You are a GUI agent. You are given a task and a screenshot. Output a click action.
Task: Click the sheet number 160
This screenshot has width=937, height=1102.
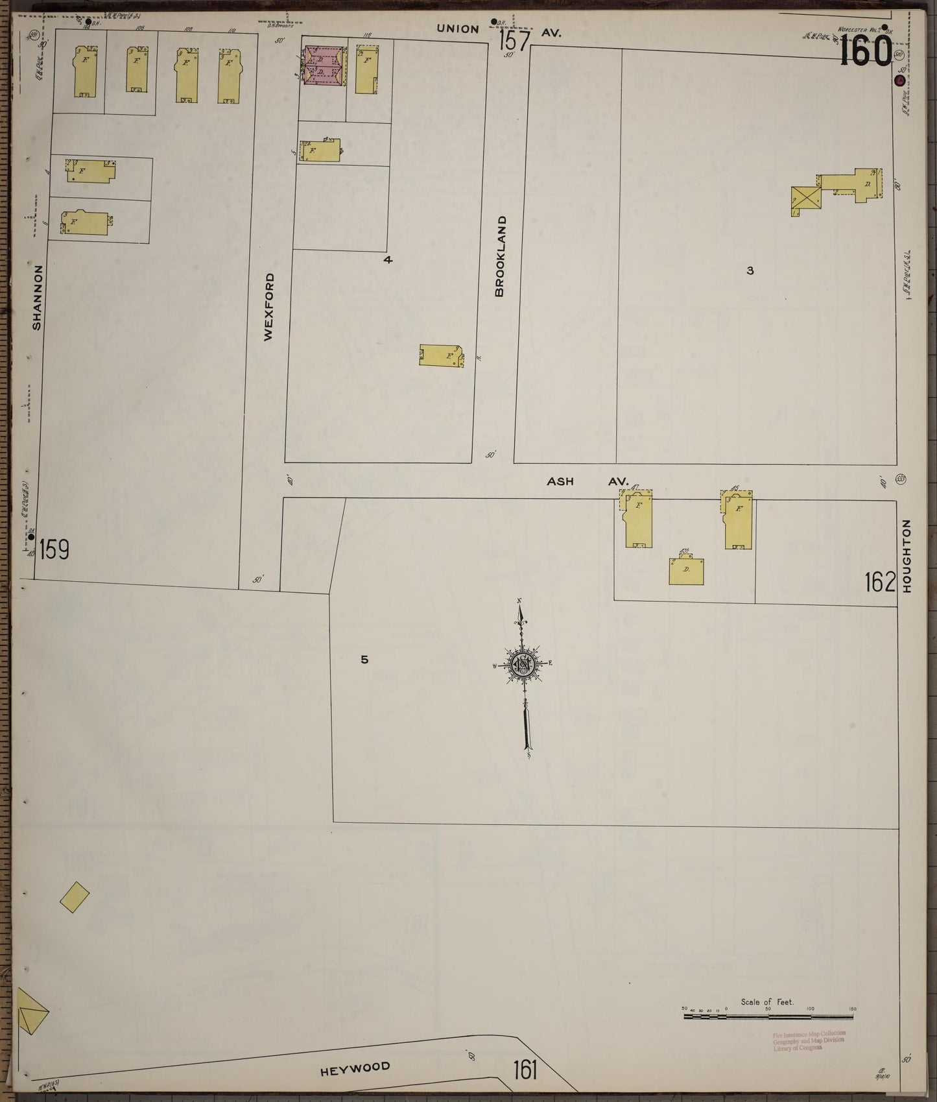click(866, 52)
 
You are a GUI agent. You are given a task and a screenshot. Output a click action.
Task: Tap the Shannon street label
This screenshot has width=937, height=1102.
click(37, 296)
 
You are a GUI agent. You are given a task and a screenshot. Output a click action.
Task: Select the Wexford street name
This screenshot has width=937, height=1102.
click(269, 307)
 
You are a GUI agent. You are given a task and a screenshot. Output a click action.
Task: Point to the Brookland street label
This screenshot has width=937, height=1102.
click(499, 257)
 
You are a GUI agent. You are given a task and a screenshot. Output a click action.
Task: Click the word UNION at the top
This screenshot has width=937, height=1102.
click(458, 29)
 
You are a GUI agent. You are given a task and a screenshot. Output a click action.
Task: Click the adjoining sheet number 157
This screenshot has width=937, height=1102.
click(515, 40)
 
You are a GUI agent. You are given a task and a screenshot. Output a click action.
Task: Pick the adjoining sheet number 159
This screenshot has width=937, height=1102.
click(54, 551)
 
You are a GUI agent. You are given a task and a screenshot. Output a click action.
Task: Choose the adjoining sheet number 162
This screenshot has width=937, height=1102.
click(879, 582)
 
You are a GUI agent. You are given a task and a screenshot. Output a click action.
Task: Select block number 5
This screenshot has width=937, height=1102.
click(364, 660)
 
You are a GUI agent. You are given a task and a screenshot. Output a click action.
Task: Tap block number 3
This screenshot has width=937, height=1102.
click(750, 270)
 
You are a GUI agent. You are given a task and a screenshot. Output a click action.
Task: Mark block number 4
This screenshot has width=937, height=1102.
click(388, 260)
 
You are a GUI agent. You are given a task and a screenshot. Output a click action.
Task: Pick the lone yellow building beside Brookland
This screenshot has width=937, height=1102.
click(442, 356)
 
